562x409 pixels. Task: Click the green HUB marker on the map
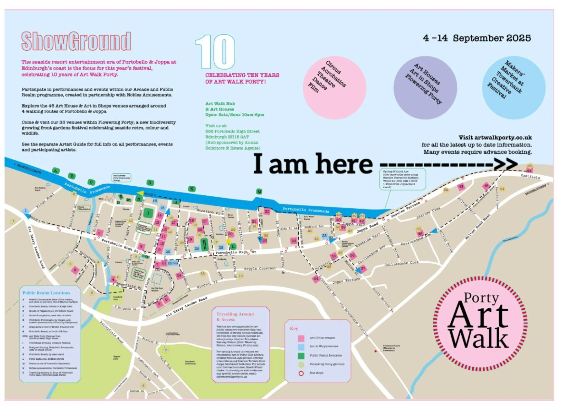coord(204,244)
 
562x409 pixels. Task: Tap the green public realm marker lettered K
coord(192,189)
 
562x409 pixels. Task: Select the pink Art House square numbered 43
coord(461,187)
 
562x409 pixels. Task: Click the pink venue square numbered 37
coord(363,268)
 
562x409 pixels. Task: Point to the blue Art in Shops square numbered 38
coord(324,236)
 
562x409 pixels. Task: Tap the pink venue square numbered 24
coord(179,276)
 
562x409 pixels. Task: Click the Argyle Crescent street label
coord(260,268)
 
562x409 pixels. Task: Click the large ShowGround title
coord(76,41)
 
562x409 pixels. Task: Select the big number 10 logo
coord(215,52)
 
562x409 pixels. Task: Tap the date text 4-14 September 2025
coord(477,38)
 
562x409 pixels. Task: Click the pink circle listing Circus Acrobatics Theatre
coord(334,87)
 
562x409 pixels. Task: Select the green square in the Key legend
coord(301,355)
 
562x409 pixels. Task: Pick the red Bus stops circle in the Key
coord(301,373)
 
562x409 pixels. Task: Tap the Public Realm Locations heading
coord(46,293)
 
